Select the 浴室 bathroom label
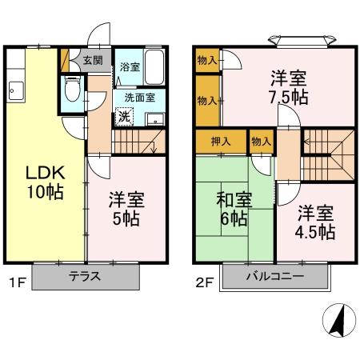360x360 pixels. tap(128, 66)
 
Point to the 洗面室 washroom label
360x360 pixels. tap(138, 98)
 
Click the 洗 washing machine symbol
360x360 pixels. tap(124, 116)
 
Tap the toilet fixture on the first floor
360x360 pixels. tap(71, 88)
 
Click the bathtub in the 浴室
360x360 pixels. tap(154, 68)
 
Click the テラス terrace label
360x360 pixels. tap(85, 277)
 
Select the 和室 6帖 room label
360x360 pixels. tap(233, 209)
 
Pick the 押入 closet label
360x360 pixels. tap(221, 141)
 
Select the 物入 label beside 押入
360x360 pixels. tap(261, 141)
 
